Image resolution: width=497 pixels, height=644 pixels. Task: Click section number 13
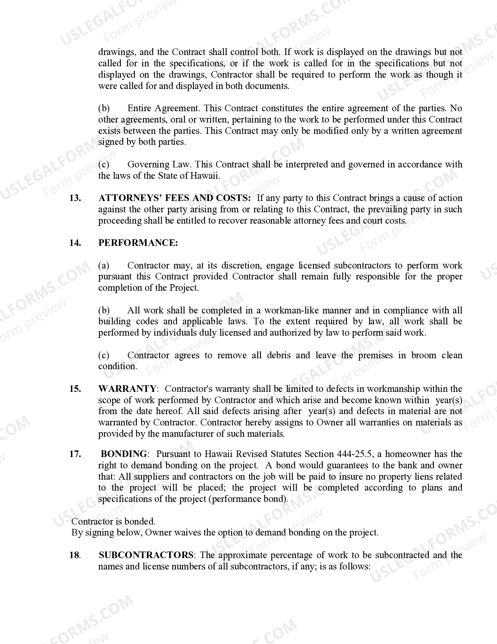click(75, 198)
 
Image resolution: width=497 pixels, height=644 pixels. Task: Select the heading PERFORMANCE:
click(138, 243)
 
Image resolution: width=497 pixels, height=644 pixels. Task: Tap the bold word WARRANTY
click(127, 389)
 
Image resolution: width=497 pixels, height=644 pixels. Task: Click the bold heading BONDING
click(124, 454)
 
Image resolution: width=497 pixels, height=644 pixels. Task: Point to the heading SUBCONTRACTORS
click(146, 555)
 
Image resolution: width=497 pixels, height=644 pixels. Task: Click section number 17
click(75, 454)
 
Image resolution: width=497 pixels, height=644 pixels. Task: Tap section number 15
click(75, 389)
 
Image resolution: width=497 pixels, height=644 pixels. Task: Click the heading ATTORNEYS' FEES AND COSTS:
click(175, 198)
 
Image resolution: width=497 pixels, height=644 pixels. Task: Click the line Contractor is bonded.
click(113, 521)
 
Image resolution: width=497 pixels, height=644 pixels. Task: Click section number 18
click(75, 555)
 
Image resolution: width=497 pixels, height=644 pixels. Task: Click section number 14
click(75, 243)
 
